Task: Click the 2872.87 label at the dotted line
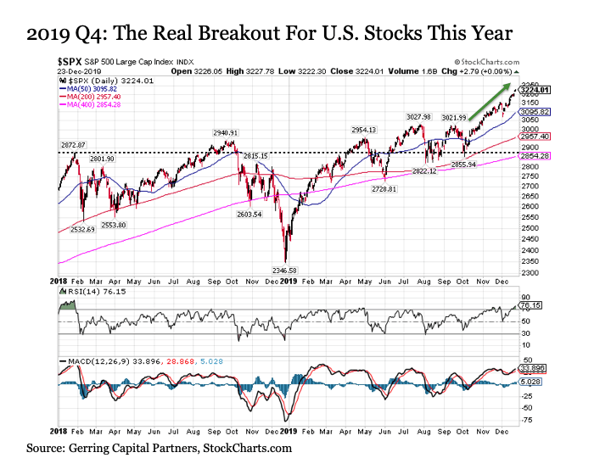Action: tap(73, 146)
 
